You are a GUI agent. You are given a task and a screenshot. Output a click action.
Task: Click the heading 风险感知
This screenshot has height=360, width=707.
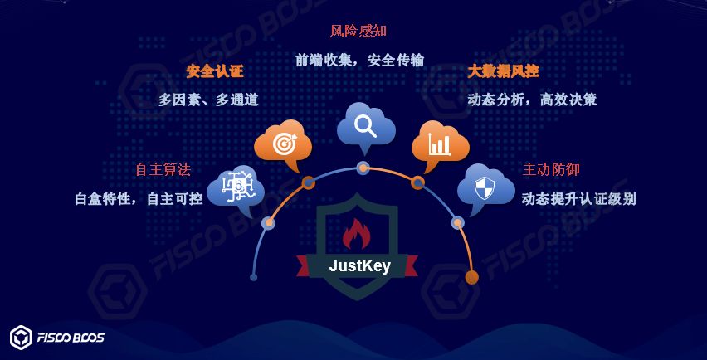coord(358,32)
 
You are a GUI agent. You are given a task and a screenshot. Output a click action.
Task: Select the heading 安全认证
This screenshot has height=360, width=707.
coord(215,71)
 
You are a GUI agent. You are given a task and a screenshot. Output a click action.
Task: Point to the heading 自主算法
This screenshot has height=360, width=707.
coord(163,169)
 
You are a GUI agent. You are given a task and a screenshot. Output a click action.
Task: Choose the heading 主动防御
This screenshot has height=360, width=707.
coord(551,169)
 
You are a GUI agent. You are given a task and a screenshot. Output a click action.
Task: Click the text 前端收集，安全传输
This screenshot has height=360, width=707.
coord(359,60)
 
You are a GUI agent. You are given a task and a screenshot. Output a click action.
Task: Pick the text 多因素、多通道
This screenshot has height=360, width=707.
coord(208,100)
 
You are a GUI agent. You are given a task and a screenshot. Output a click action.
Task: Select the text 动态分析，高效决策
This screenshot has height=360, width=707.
coord(532,100)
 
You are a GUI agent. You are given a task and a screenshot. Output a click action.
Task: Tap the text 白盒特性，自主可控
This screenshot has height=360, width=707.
coord(139,199)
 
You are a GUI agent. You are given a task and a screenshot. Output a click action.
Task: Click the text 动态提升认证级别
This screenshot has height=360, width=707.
coord(578,199)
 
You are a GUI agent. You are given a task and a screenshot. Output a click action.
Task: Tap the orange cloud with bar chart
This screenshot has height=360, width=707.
coord(439,144)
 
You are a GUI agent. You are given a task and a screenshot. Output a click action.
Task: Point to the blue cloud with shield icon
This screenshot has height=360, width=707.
coord(484,188)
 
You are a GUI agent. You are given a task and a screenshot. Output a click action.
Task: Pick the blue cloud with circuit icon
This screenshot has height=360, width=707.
coord(236,188)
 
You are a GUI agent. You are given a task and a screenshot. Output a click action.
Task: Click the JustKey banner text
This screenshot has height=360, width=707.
coord(359,266)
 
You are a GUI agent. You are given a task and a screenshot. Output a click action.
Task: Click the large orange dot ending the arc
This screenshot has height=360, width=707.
coord(471,277)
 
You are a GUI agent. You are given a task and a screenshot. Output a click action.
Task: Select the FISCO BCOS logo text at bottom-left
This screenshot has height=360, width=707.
coord(71,338)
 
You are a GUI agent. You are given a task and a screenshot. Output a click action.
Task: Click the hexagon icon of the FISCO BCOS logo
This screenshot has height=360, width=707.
coord(21,338)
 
